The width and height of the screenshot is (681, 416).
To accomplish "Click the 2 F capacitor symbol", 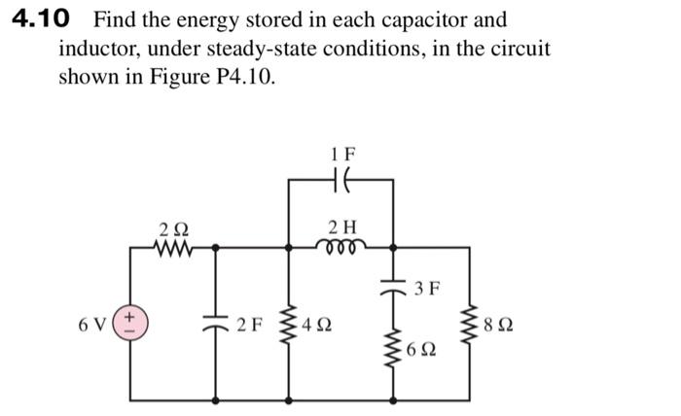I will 214,323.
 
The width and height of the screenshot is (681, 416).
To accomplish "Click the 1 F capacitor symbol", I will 342,181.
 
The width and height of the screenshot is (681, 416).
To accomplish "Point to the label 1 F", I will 343,153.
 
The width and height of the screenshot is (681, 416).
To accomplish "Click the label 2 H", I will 342,227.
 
